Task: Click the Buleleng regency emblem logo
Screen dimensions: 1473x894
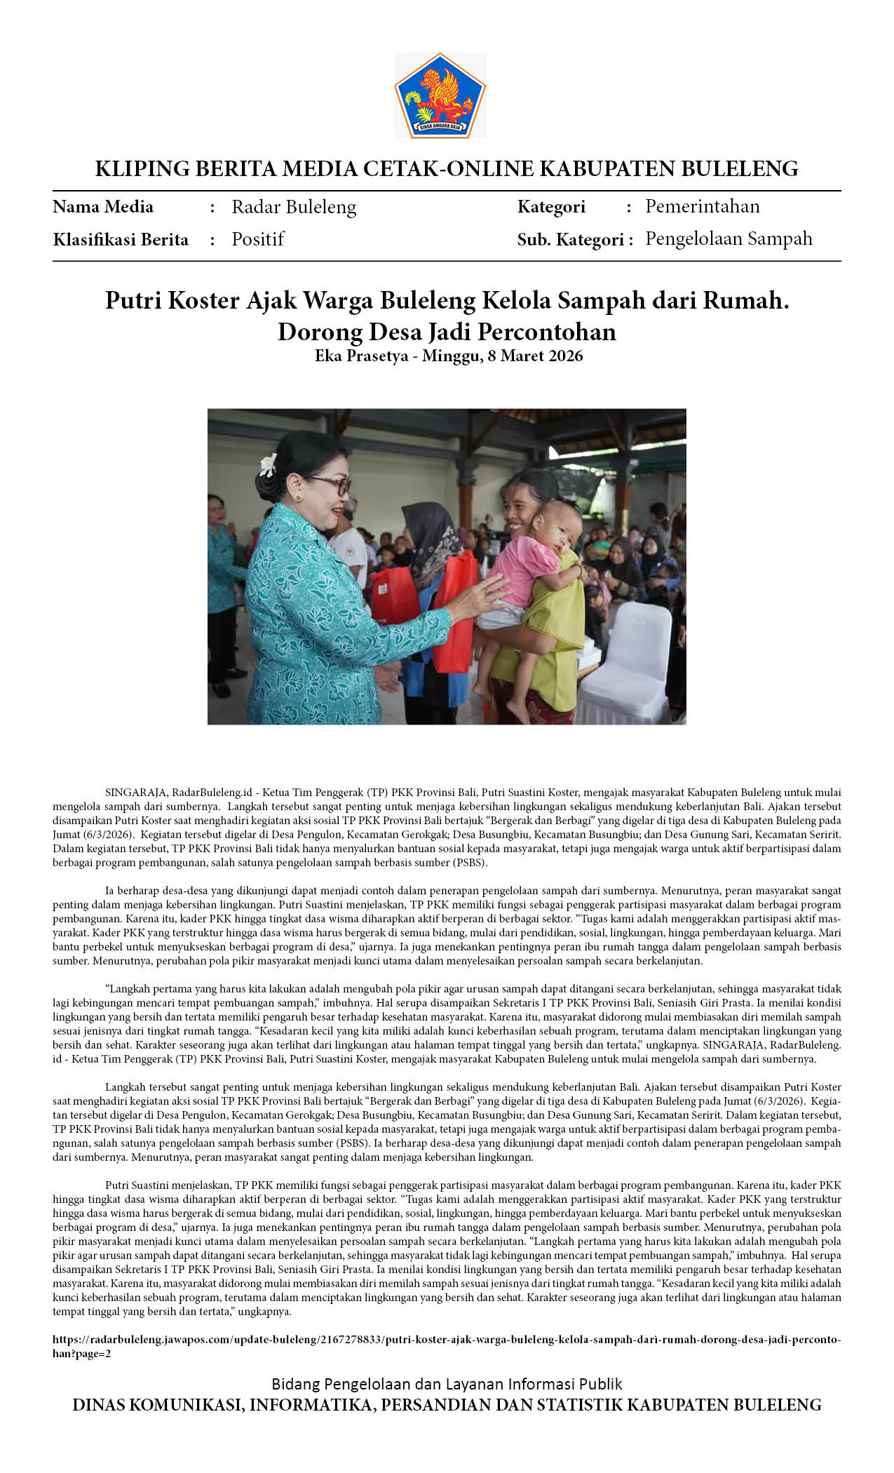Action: click(440, 96)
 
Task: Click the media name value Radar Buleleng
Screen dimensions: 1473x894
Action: click(294, 207)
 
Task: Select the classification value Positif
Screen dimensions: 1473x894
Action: click(258, 239)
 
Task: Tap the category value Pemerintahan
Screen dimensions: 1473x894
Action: click(702, 206)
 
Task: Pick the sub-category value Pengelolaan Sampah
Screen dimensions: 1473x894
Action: click(729, 238)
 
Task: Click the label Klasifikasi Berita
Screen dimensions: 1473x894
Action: click(121, 240)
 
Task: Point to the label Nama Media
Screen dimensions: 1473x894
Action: click(103, 207)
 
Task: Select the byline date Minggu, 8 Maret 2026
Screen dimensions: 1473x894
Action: click(502, 356)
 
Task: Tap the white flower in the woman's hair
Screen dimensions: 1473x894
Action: click(268, 463)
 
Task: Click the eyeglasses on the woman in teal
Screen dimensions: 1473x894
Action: click(328, 483)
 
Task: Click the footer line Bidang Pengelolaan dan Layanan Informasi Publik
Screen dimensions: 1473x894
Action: click(447, 1384)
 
